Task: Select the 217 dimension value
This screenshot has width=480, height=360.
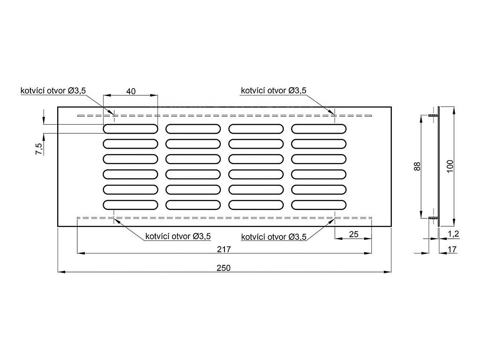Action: (225, 249)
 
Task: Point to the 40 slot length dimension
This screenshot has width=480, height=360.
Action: (131, 91)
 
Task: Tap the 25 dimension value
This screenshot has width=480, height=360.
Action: (354, 234)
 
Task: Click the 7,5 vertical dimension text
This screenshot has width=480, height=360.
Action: (39, 149)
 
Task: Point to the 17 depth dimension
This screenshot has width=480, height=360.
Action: (452, 250)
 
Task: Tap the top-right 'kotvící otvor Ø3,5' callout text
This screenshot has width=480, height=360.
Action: (274, 90)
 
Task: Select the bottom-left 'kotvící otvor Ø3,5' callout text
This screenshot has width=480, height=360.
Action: (178, 237)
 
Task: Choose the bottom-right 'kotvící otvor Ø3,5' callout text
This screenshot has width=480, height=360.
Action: (274, 237)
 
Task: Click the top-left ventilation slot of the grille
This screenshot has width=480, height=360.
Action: (130, 128)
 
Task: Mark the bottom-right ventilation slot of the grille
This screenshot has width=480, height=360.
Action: (319, 204)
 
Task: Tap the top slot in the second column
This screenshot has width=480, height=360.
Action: (193, 128)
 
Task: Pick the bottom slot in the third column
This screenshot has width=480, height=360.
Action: (256, 204)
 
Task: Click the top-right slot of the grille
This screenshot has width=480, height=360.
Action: (319, 128)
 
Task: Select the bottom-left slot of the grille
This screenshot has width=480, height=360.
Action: (130, 204)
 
